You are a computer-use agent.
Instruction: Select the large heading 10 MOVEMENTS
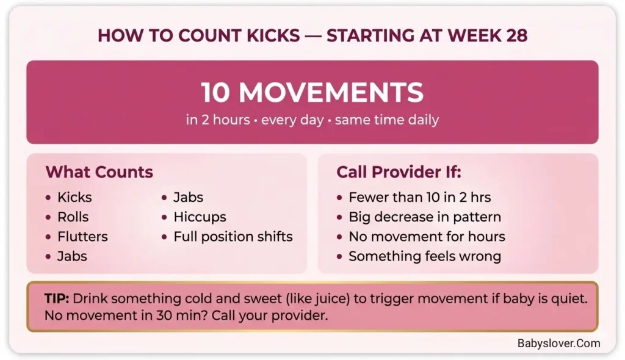(x=312, y=93)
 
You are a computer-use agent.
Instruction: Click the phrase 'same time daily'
(x=387, y=120)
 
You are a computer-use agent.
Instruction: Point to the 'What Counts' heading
(x=99, y=172)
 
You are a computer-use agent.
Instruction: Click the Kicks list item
(x=74, y=197)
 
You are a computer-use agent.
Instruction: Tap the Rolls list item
(x=73, y=217)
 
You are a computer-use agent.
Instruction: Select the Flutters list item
(x=82, y=236)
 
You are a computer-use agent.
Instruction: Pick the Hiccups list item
(x=200, y=217)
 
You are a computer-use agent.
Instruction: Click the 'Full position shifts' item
(x=233, y=236)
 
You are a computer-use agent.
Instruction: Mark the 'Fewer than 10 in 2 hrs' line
(x=419, y=197)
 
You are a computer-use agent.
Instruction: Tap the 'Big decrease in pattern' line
(x=424, y=217)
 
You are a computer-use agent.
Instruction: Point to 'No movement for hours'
(x=427, y=236)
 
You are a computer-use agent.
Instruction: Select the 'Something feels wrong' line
(x=424, y=256)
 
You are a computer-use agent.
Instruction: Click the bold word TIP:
(x=57, y=299)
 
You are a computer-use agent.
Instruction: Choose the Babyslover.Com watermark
(x=558, y=343)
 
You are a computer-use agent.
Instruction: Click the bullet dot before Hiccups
(x=165, y=217)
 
